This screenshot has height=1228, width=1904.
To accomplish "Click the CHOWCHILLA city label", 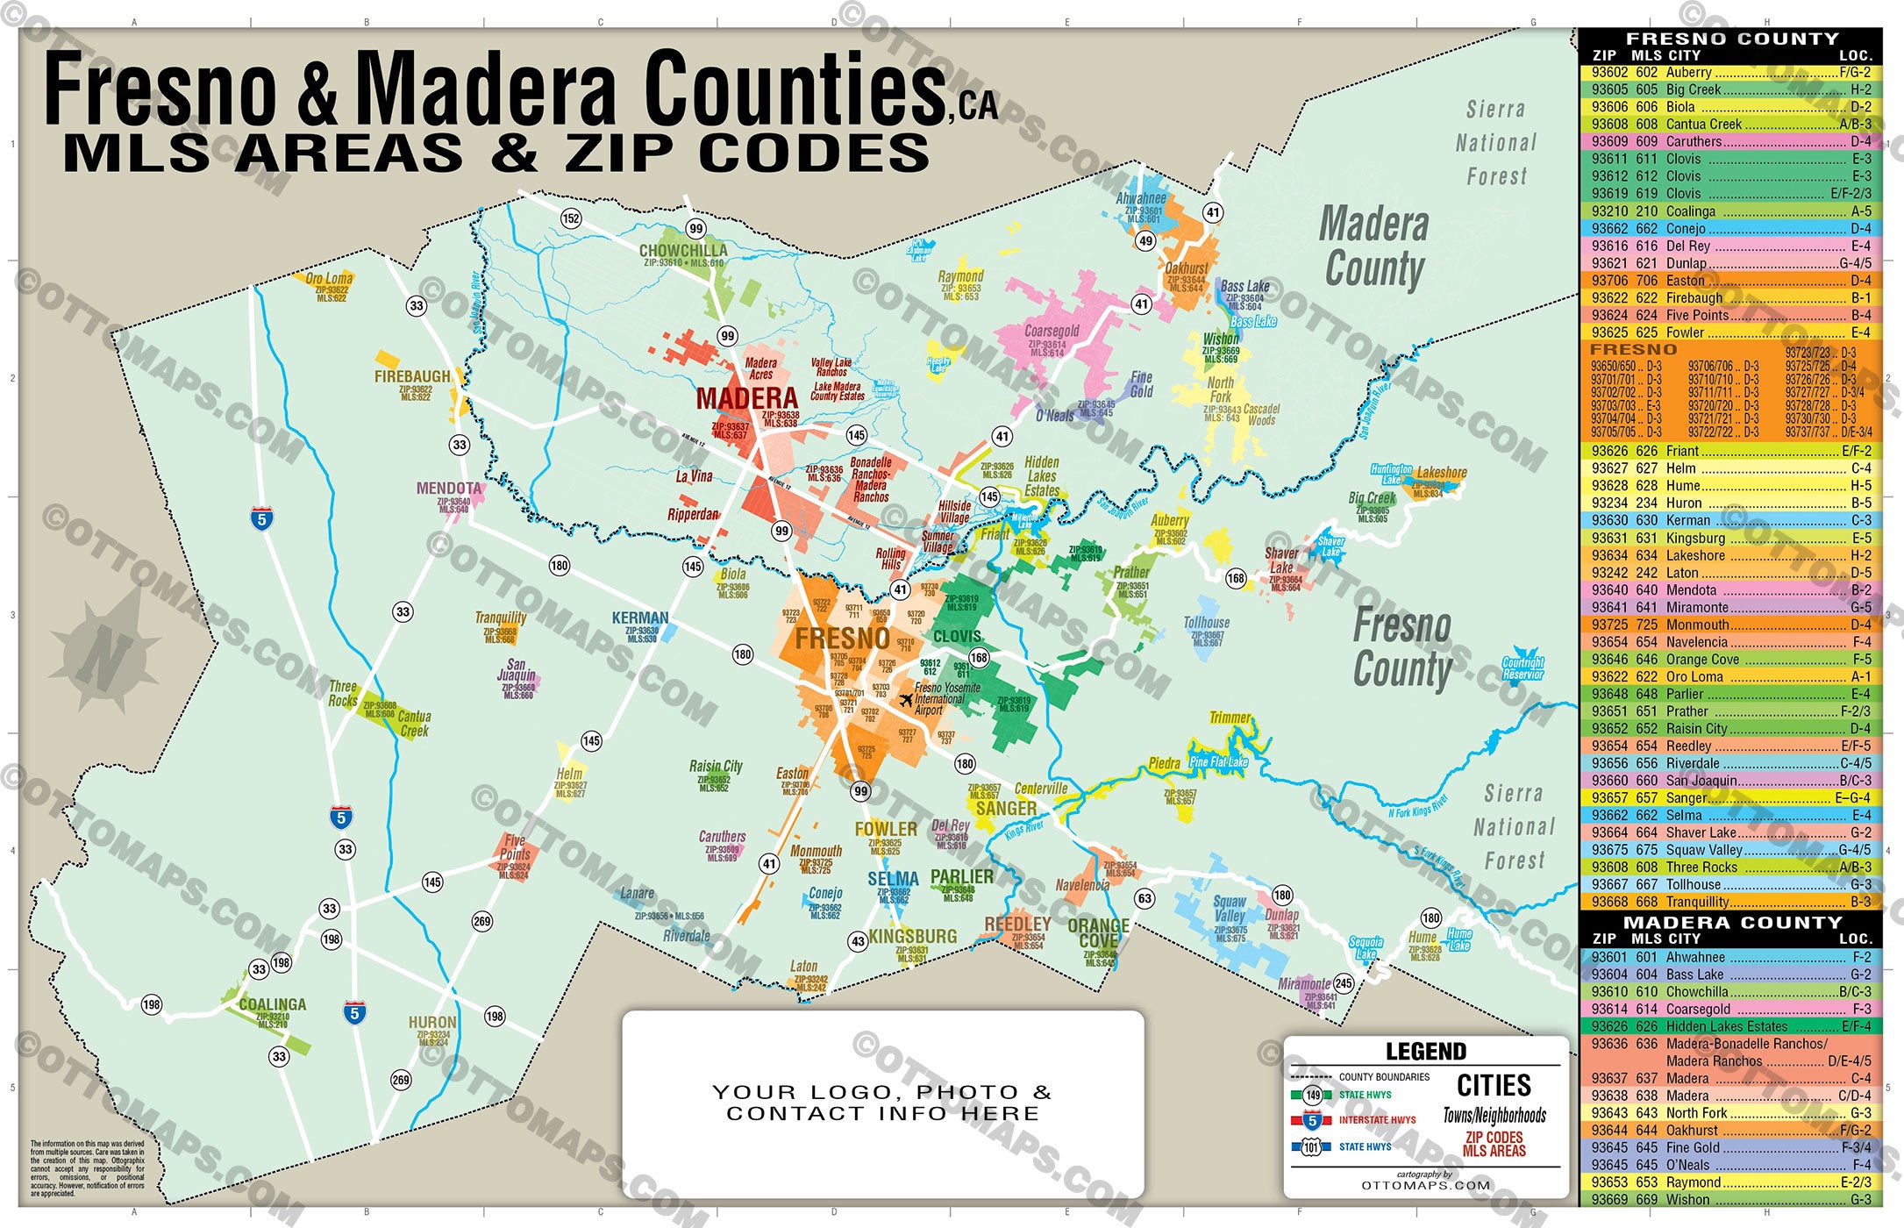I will [682, 250].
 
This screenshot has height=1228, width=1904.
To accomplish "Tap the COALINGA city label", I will [272, 1004].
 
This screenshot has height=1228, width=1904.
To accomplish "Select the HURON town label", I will [432, 1023].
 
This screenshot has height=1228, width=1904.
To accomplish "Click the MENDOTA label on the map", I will [449, 489].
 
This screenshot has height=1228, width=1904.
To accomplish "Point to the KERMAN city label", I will [640, 618].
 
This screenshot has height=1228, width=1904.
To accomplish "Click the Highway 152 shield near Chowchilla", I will [571, 218].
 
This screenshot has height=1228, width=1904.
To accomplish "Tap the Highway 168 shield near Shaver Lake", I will [1236, 578].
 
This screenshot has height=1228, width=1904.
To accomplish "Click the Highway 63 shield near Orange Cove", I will [1144, 898].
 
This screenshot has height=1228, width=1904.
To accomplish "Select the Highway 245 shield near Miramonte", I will [1343, 983].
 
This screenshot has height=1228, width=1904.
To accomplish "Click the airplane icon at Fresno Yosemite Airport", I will [906, 700].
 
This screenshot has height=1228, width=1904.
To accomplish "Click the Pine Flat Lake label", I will [1218, 761].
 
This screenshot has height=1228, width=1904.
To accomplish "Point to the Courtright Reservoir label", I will [1522, 668].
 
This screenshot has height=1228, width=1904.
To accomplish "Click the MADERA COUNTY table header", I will [1731, 923].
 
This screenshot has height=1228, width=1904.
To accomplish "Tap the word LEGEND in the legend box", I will [1425, 1051].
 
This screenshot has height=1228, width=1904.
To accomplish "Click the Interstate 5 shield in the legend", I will [1312, 1120].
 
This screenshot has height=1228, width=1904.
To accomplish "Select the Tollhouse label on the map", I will [1207, 623].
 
